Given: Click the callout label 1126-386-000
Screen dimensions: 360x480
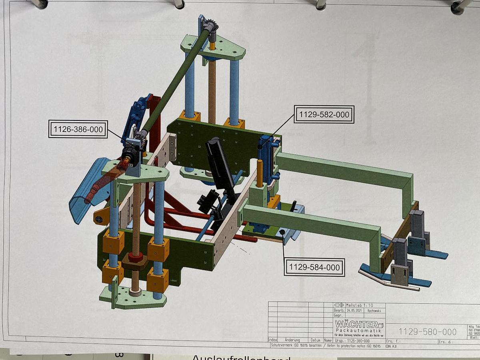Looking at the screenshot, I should (x=78, y=129).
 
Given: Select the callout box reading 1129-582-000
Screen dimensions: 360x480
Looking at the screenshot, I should (x=324, y=115).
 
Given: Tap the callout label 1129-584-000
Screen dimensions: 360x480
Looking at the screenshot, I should (x=314, y=267).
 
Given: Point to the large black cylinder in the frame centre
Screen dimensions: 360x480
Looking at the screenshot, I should (x=219, y=164).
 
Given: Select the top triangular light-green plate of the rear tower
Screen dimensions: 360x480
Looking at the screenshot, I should (x=213, y=46).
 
